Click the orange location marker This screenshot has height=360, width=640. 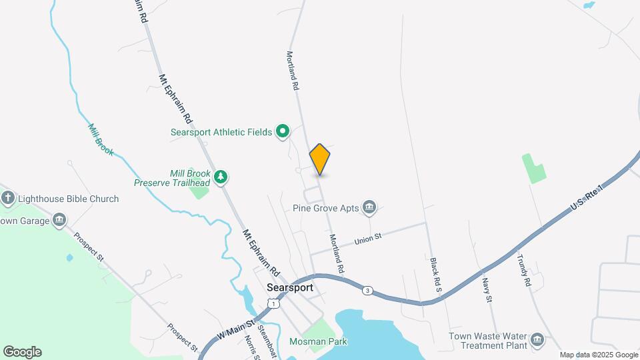(320, 159)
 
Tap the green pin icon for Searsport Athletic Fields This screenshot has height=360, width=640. (283, 132)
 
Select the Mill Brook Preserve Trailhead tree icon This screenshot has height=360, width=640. (221, 177)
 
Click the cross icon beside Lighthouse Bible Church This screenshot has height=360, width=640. (8, 198)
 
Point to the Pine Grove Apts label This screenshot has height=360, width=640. (326, 208)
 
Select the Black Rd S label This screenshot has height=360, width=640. (436, 273)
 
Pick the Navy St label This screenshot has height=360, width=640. (489, 291)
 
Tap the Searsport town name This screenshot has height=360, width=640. (289, 287)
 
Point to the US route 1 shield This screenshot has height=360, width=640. (272, 303)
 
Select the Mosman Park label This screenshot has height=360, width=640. (319, 341)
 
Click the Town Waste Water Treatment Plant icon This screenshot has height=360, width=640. (537, 341)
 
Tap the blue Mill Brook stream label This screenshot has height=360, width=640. (101, 139)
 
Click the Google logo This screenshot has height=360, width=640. (22, 352)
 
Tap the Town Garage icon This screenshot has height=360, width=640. (59, 221)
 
